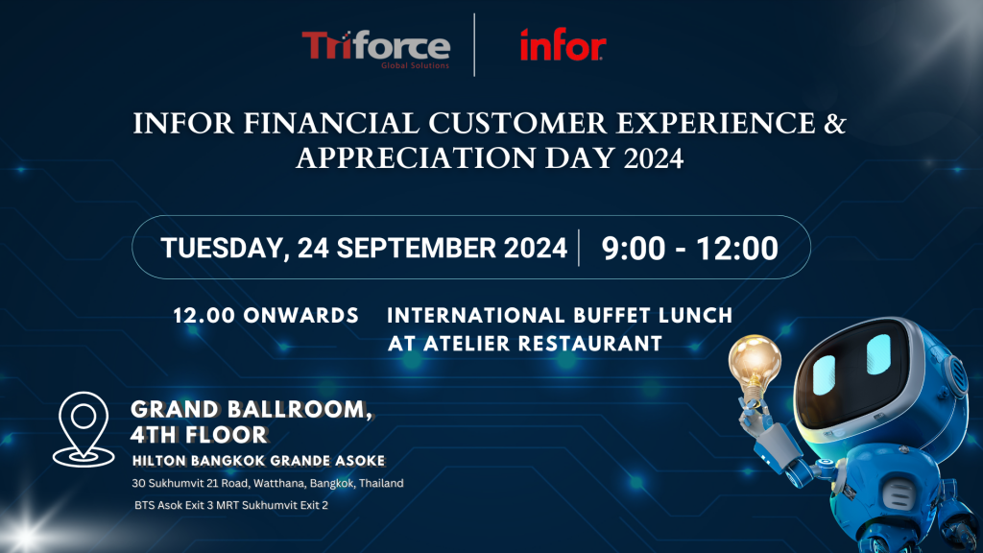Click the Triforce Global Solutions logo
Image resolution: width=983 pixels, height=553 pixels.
coord(376,49)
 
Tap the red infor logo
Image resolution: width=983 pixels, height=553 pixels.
coord(563,45)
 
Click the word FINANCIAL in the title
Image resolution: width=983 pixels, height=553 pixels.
coord(331,123)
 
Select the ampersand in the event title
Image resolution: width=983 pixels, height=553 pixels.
coord(835,123)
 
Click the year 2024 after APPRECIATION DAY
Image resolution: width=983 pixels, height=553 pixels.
coord(653,158)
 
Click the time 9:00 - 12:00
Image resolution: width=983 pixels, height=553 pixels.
coord(689,249)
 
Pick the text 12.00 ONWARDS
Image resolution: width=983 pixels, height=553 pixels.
coord(266,315)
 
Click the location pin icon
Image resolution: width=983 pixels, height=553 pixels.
coord(84,429)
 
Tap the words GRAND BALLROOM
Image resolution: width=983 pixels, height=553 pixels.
coord(252,409)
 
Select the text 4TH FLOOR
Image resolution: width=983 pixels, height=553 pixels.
coord(200,435)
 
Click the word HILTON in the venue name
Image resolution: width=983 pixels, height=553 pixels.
coord(159,461)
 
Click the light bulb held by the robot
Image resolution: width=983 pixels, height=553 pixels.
coord(755,366)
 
